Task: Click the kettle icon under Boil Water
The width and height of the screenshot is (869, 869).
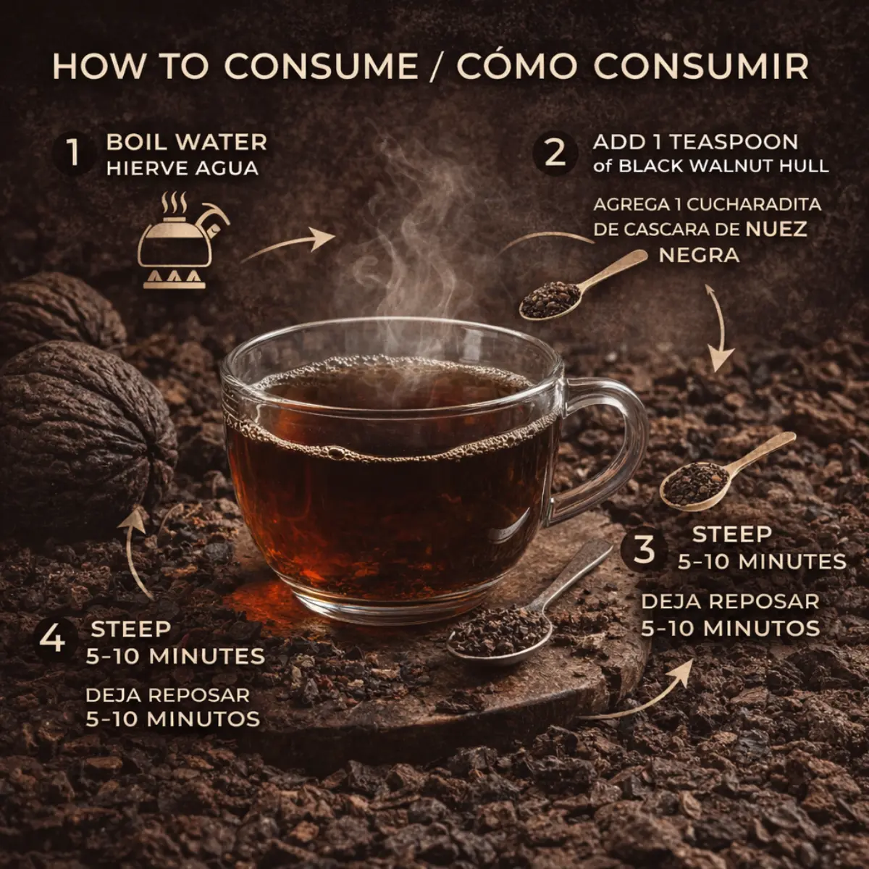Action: coord(179,240)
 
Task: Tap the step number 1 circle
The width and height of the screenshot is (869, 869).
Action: coord(74,152)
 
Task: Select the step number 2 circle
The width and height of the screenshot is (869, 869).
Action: coord(555,152)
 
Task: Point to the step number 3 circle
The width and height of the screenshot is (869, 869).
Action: coord(644,549)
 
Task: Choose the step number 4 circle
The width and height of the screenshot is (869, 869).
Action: coord(53,639)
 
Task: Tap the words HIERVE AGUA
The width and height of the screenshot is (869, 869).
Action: coord(182,169)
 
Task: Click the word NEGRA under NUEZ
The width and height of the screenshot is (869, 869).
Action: coord(699,255)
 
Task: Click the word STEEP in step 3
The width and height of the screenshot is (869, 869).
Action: coord(731,535)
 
